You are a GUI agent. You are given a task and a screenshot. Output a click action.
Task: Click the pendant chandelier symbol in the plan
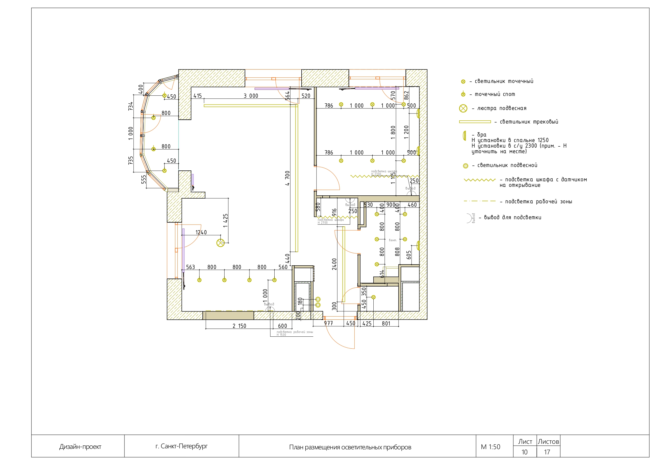tap(220, 243)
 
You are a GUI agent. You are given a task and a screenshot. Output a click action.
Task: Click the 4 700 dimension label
tap(287, 178)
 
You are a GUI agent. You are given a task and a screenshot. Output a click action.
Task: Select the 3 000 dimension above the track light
tap(251, 96)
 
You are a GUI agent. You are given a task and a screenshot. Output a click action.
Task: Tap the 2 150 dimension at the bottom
tap(239, 326)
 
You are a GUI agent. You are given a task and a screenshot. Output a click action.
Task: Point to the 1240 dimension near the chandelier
tap(201, 232)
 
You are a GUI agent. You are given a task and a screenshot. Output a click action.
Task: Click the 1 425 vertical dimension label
tap(225, 221)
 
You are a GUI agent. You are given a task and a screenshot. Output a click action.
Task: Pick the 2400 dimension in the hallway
tap(334, 264)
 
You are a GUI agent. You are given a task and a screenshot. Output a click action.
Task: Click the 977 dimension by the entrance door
tap(328, 323)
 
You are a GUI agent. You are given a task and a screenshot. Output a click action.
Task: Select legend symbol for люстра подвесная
tap(463, 108)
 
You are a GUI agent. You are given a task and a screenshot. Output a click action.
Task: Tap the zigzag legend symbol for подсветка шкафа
tap(480, 180)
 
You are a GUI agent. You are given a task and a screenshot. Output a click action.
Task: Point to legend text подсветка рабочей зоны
tap(538, 202)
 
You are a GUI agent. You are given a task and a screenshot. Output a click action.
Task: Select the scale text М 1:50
tap(490, 447)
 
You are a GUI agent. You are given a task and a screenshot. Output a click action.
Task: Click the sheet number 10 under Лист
tap(524, 452)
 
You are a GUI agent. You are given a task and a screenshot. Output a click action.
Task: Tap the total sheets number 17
tap(547, 452)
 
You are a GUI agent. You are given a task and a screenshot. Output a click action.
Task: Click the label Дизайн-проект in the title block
tap(80, 447)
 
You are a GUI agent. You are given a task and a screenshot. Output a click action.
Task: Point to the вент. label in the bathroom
tap(393, 240)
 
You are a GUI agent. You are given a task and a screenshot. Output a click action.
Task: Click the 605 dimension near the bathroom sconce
tap(409, 255)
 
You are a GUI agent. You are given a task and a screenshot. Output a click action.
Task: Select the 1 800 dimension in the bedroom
tap(393, 132)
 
